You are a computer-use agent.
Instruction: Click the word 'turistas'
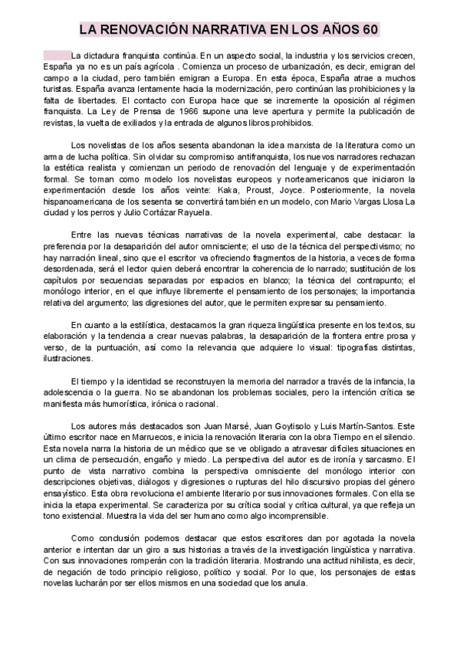pyautogui.click(x=58, y=90)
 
